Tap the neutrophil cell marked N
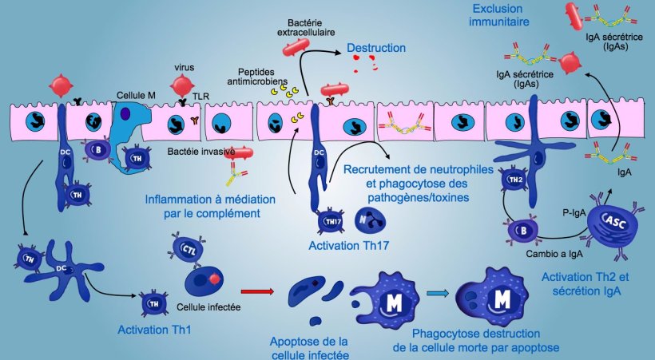[364, 220]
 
